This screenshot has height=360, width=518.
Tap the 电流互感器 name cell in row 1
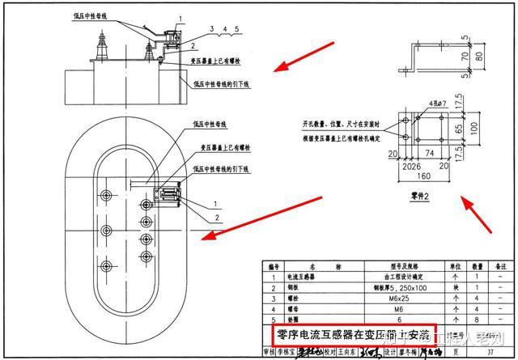[x=304, y=275]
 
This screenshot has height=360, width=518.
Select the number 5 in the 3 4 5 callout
[x=237, y=29]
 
